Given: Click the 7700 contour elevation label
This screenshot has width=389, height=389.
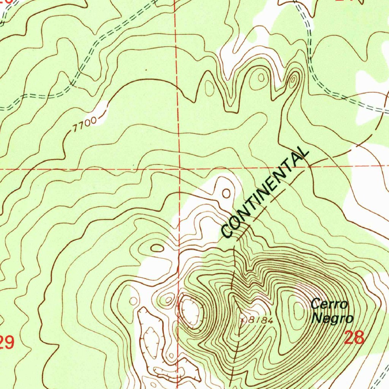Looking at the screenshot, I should tap(84, 125).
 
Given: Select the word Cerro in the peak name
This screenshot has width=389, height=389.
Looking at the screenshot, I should tap(329, 304).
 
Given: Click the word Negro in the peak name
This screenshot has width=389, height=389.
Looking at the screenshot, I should tap(332, 318).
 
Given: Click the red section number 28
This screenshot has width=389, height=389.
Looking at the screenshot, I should tap(354, 337).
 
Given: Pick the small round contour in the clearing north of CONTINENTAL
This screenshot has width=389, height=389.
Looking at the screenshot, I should tap(226, 193).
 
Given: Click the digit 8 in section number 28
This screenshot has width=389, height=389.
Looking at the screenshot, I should tap(359, 337).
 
